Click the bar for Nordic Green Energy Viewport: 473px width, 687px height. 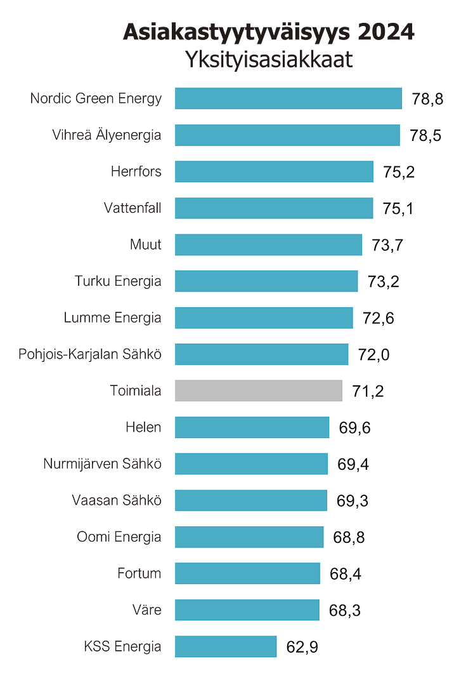click(x=288, y=98)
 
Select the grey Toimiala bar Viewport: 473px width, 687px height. click(x=258, y=390)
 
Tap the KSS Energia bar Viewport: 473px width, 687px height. click(x=225, y=646)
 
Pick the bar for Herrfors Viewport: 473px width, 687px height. click(x=273, y=171)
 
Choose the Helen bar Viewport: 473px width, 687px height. click(x=252, y=427)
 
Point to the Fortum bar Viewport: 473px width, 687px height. click(x=247, y=573)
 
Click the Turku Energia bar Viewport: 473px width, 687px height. click(x=266, y=281)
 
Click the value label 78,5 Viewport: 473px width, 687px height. click(x=425, y=135)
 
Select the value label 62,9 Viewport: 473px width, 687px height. click(x=302, y=647)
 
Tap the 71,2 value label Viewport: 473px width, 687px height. click(x=368, y=391)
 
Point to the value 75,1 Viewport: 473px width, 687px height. click(x=398, y=208)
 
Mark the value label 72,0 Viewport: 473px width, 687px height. click(x=374, y=354)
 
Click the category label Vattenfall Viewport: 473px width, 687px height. click(x=133, y=208)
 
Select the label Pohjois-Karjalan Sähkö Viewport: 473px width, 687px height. click(x=89, y=354)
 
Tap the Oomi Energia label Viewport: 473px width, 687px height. click(x=119, y=537)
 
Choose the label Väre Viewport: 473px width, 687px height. click(x=148, y=610)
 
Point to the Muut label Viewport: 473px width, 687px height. click(x=145, y=244)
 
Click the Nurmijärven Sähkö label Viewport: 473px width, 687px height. click(x=102, y=464)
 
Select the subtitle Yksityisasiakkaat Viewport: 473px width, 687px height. click(x=269, y=59)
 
